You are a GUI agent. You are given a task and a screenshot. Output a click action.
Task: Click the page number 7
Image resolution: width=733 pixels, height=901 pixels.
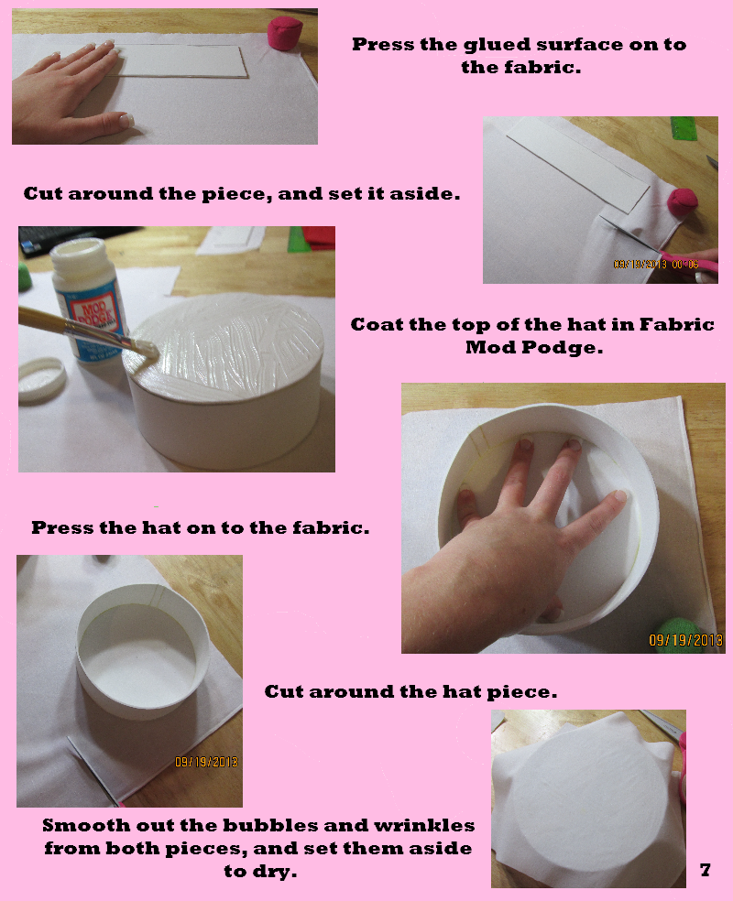705,870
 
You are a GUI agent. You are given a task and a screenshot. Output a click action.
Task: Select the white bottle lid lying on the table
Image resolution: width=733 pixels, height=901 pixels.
41,376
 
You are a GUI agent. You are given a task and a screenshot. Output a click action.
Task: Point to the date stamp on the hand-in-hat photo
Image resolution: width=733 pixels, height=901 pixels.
685,640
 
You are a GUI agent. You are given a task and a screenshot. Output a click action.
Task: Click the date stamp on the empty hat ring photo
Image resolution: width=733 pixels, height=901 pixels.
207,761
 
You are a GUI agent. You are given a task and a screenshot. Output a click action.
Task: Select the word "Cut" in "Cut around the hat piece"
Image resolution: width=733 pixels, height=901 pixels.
283,692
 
